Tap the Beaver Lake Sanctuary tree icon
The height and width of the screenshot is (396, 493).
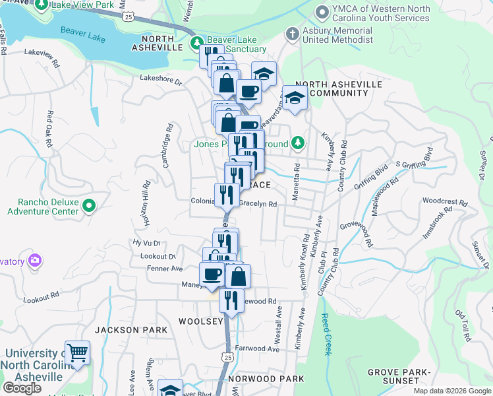pyautogui.click(x=196, y=44)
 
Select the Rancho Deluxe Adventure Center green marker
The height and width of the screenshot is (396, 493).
pyautogui.click(x=90, y=207)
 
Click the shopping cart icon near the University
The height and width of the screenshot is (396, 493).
pyautogui.click(x=77, y=352)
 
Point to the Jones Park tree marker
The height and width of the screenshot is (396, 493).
pyautogui.click(x=298, y=143)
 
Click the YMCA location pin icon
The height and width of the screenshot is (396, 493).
pyautogui.click(x=322, y=12)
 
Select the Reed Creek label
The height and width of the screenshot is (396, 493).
pyautogui.click(x=326, y=334)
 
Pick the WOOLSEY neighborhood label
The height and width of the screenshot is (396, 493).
pyautogui.click(x=200, y=321)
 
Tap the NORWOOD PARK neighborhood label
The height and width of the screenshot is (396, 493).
pyautogui.click(x=266, y=379)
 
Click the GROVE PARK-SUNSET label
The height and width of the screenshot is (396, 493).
pyautogui.click(x=394, y=376)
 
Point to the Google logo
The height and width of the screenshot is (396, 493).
pyautogui.click(x=22, y=388)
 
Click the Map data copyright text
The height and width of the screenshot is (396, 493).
pyautogui.click(x=452, y=391)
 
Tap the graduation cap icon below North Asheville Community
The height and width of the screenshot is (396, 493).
pyautogui.click(x=295, y=99)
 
